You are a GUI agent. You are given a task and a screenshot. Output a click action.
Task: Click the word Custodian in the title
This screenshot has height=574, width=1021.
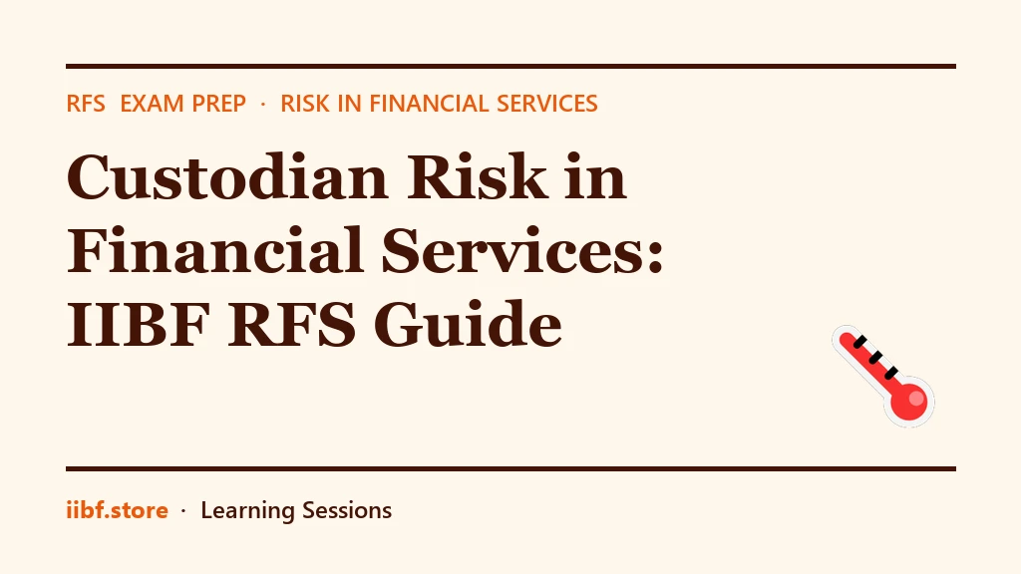coord(228,176)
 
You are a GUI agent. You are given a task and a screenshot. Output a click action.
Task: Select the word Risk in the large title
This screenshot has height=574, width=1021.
coord(478,176)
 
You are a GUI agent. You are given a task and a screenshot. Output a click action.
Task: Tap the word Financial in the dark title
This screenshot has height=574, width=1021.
coord(215,250)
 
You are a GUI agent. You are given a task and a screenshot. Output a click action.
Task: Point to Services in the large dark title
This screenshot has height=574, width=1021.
coord(515,250)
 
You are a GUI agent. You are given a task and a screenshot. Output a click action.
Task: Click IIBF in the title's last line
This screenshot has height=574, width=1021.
coord(138,324)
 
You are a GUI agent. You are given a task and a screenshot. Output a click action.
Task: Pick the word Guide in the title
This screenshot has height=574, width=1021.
coord(469,324)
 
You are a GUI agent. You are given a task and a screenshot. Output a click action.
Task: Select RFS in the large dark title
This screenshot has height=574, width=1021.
coord(292,324)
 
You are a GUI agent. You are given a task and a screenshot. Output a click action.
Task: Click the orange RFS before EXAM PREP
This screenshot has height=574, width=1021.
coord(86,104)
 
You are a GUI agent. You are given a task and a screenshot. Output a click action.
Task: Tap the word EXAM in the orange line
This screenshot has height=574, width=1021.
coord(152,104)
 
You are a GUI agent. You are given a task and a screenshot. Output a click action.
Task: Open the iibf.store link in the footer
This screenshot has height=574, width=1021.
coord(118,510)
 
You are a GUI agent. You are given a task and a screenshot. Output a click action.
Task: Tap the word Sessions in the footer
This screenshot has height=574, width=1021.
coord(347,510)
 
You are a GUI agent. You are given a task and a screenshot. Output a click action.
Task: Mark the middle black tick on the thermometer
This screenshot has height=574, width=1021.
coord(875,358)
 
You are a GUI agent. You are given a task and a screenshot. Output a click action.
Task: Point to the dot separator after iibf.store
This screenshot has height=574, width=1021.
coord(183,511)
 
